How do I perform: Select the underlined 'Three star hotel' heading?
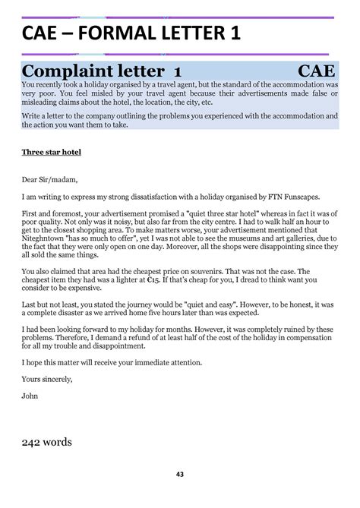click(x=51, y=152)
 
